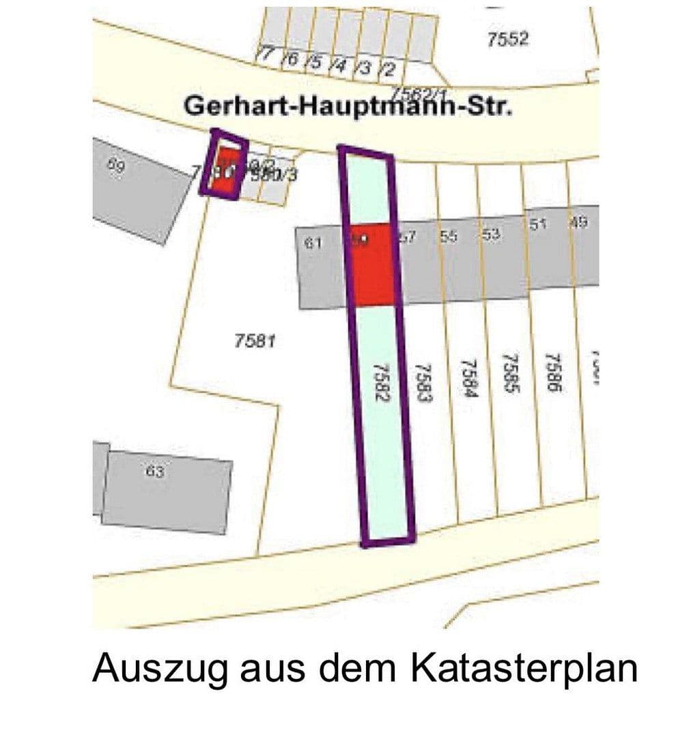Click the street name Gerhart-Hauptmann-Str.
pyautogui.click(x=348, y=107)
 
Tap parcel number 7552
pyautogui.click(x=507, y=40)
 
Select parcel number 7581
pyautogui.click(x=254, y=341)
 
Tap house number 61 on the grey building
pyautogui.click(x=313, y=241)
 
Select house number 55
pyautogui.click(x=449, y=236)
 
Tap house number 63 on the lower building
pyautogui.click(x=155, y=470)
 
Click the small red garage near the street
pyautogui.click(x=223, y=169)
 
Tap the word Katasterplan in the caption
pyautogui.click(x=523, y=668)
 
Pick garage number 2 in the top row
pyautogui.click(x=389, y=69)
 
